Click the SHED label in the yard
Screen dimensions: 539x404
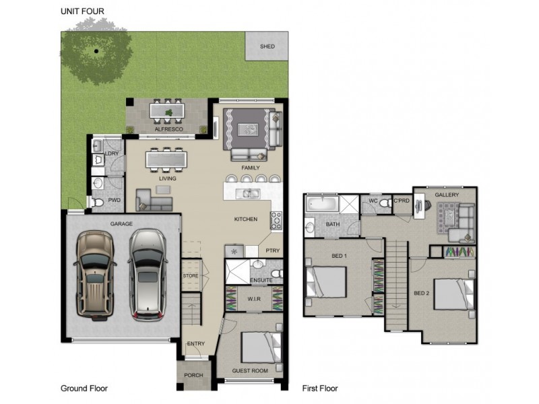click(267, 46)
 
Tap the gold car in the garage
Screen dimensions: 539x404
click(94, 275)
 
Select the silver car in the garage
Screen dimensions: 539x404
click(148, 275)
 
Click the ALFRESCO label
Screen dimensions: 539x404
click(169, 129)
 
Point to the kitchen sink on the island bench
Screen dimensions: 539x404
click(247, 193)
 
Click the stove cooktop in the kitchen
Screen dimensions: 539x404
click(276, 221)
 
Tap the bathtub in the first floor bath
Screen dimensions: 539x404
click(322, 204)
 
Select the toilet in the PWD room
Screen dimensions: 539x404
click(98, 203)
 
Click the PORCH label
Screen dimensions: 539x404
click(193, 375)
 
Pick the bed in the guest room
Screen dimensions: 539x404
click(261, 347)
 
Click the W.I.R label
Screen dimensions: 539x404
click(254, 299)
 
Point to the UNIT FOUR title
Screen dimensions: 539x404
click(82, 11)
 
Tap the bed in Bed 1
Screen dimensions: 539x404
click(326, 282)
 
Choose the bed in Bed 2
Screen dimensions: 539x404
click(454, 294)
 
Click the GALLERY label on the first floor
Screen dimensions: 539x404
click(447, 195)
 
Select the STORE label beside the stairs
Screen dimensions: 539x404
click(191, 276)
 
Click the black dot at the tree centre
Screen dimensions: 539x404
click(96, 51)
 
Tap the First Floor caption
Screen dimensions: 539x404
click(320, 389)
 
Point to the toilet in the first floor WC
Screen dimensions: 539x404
click(385, 203)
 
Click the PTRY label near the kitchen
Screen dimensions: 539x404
click(273, 250)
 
